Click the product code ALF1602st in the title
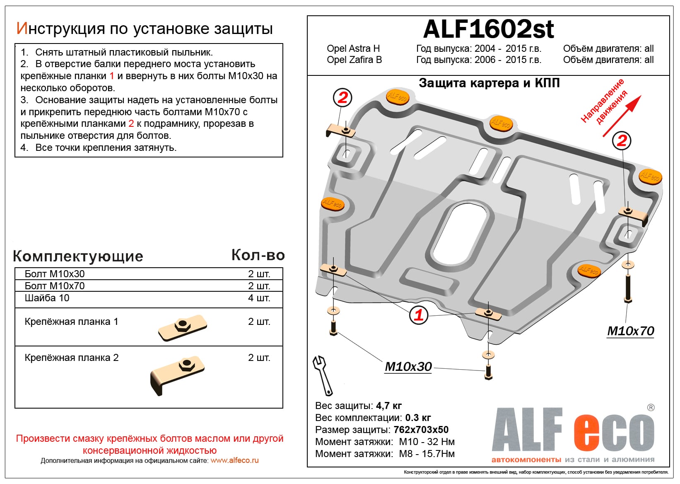point(488,29)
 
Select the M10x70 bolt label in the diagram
point(630,331)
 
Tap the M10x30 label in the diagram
point(408,367)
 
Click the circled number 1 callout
point(418,315)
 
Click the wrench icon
point(322,375)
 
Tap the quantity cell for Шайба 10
point(259,298)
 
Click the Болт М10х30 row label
point(55,274)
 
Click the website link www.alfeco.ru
point(234,460)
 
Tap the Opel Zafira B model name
point(354,60)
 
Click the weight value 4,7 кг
point(388,406)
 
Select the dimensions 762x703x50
point(421,430)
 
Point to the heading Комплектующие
point(78,256)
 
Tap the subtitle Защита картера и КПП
point(489,83)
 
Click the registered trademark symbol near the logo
point(651,408)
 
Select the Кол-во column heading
point(258,255)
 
